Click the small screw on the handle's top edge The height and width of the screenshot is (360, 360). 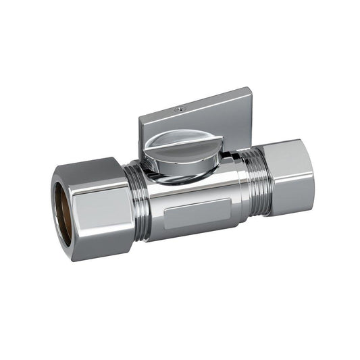click(178, 108)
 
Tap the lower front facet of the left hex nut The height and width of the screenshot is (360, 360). click(101, 226)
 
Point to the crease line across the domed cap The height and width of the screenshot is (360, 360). click(177, 141)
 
